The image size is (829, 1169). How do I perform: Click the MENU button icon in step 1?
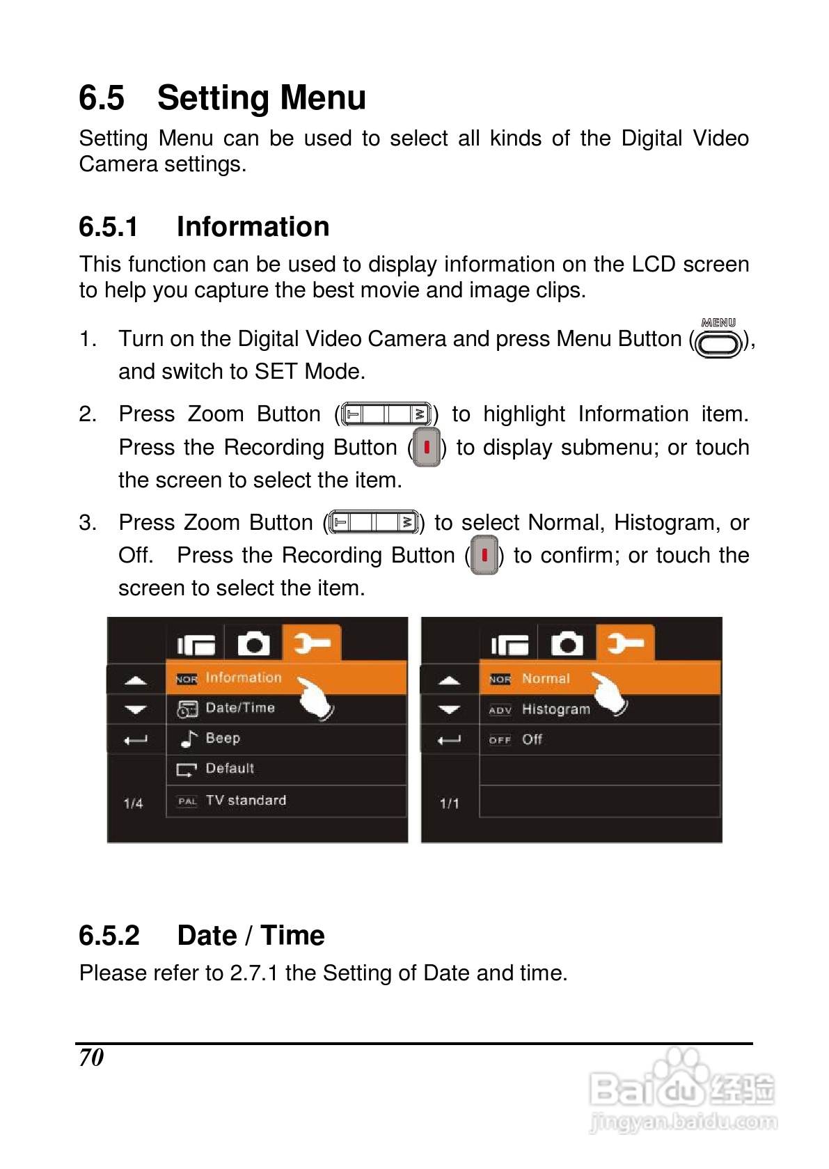coord(718,338)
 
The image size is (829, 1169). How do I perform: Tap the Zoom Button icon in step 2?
coord(386,414)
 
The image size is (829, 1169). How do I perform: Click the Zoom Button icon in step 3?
coord(374,522)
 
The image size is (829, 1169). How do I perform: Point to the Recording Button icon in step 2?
coord(426,447)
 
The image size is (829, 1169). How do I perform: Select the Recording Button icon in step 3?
coord(484,555)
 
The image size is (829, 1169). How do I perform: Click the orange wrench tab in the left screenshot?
coord(311,643)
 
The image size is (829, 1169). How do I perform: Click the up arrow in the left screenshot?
coord(136,680)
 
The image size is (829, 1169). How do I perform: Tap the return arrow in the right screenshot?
coord(449,739)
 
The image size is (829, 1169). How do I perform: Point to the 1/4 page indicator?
coord(134,803)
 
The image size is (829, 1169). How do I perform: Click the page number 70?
coord(91,1058)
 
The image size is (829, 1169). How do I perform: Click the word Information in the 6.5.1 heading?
coord(253,227)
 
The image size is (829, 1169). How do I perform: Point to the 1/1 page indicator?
coord(449,803)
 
